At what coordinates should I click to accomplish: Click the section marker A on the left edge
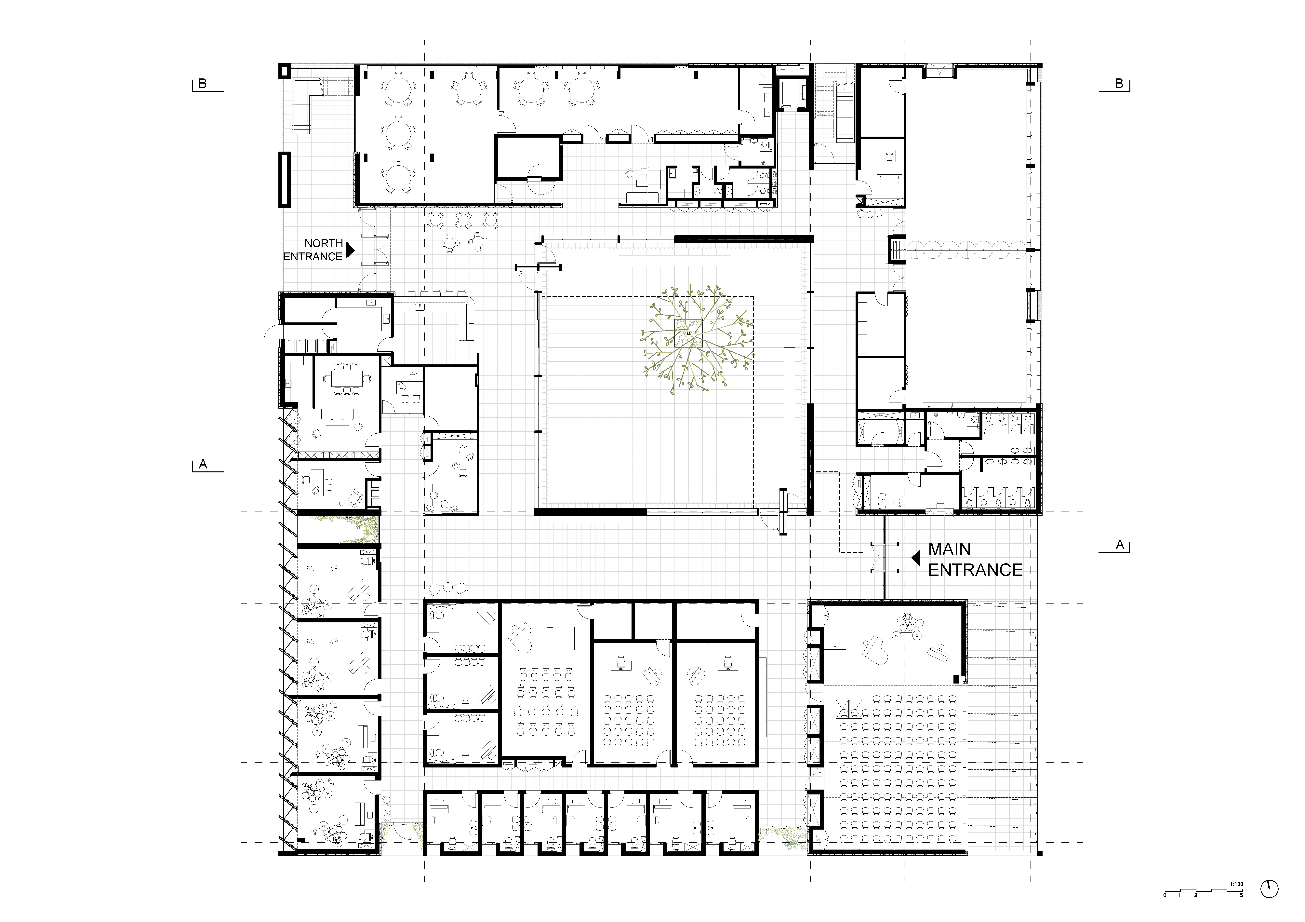203,464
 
